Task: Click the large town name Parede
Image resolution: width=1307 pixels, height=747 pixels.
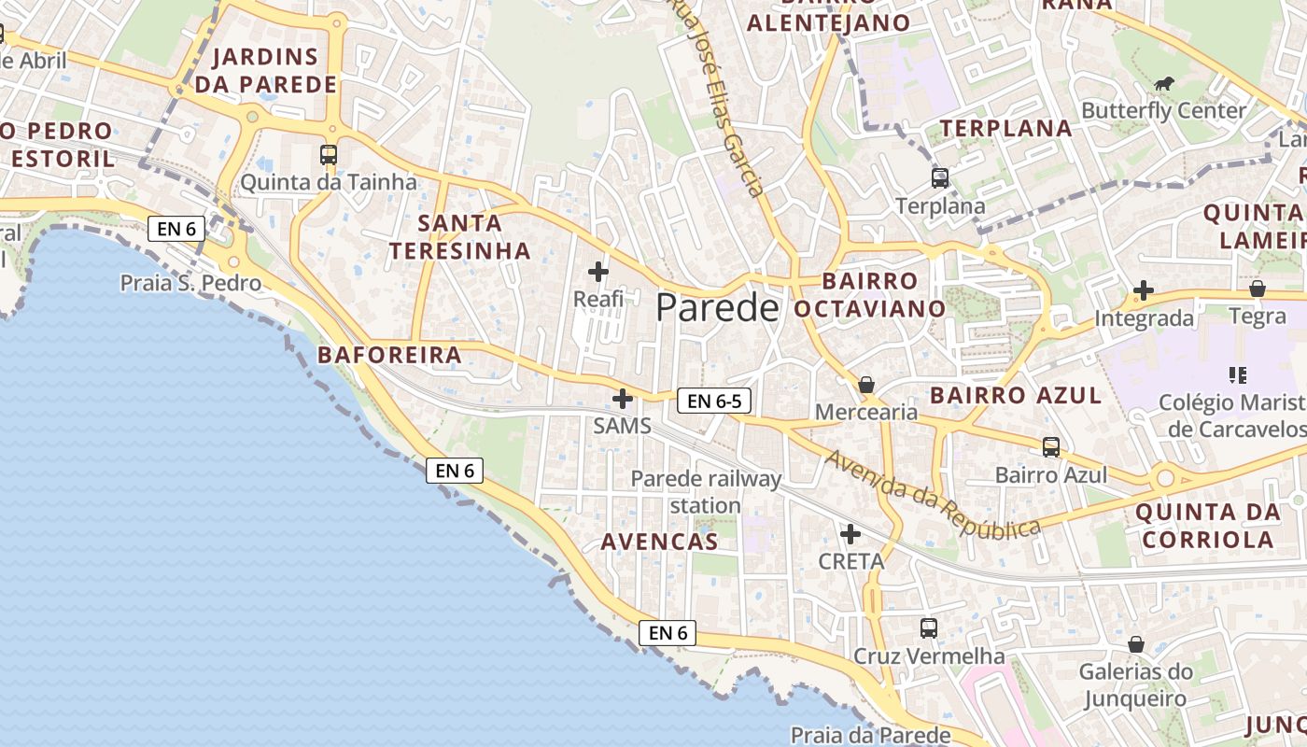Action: coord(717,307)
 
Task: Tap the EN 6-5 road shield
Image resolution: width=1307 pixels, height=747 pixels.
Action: coord(714,402)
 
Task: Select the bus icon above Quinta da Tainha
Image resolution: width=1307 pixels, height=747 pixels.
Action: coord(329,155)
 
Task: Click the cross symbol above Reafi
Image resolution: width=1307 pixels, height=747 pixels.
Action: coord(598,272)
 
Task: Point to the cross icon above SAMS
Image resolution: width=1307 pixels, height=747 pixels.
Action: coord(623,400)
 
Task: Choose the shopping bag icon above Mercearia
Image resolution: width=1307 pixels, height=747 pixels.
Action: coord(866,385)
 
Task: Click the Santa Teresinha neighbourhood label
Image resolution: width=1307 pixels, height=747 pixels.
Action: coord(459,237)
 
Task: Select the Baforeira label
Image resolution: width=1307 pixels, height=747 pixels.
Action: coord(389,355)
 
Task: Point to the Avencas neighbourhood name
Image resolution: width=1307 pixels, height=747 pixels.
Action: coord(659,542)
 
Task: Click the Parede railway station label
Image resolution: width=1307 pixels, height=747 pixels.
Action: coord(706,492)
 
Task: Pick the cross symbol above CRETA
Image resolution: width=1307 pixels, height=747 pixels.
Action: coord(850,534)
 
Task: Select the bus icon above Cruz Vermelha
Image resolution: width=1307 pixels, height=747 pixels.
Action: coord(929,628)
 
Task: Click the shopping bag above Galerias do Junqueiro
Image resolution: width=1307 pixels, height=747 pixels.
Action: coord(1136,644)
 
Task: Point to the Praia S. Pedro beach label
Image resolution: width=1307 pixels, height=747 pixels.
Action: coord(190,282)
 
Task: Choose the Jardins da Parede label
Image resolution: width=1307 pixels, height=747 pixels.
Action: coord(265,71)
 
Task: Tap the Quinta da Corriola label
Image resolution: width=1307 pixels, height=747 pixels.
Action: coord(1208,526)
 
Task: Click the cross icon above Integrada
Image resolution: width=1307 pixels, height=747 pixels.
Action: coord(1144,290)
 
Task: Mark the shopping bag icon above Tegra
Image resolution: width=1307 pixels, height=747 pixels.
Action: coord(1258,289)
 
